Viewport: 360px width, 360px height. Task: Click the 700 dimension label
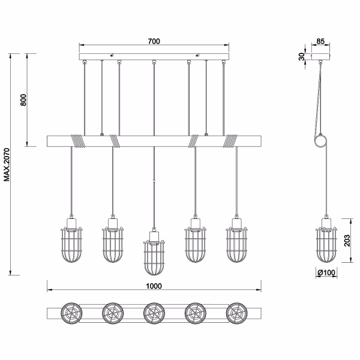pyautogui.click(x=154, y=41)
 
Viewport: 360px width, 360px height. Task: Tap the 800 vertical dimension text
pyautogui.click(x=23, y=100)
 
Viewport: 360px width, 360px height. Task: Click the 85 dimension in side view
pyautogui.click(x=320, y=41)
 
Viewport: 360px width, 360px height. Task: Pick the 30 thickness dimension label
pyautogui.click(x=301, y=57)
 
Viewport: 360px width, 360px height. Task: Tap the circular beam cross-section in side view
pyautogui.click(x=323, y=142)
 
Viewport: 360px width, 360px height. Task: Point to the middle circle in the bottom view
pyautogui.click(x=154, y=313)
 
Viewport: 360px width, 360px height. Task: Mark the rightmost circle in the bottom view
pyautogui.click(x=236, y=313)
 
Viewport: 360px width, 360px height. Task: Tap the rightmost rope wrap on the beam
pyautogui.click(x=230, y=141)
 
